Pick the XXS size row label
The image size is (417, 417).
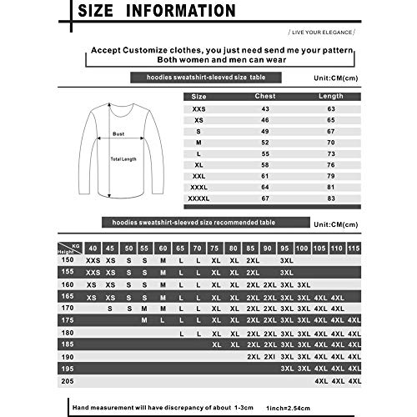(x=197, y=108)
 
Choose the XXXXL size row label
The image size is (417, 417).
(x=197, y=198)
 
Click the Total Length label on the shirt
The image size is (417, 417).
(x=123, y=158)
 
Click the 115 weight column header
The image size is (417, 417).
(x=354, y=248)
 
